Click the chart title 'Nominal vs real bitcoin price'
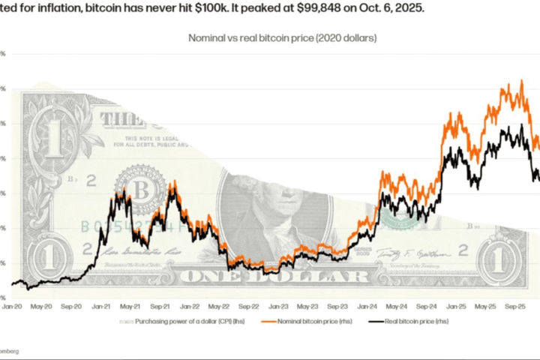pyautogui.click(x=281, y=37)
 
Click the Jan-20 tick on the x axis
pyautogui.click(x=13, y=306)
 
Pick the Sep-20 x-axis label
pyautogui.click(x=72, y=306)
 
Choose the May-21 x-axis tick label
pyautogui.click(x=131, y=306)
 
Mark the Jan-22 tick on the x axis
pyautogui.click(x=190, y=306)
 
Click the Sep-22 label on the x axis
pyautogui.click(x=249, y=306)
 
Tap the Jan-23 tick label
pyautogui.click(x=278, y=306)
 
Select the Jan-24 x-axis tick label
pyautogui.click(x=367, y=306)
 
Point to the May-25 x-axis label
pyautogui.click(x=485, y=306)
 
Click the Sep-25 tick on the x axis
pyautogui.click(x=514, y=306)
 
